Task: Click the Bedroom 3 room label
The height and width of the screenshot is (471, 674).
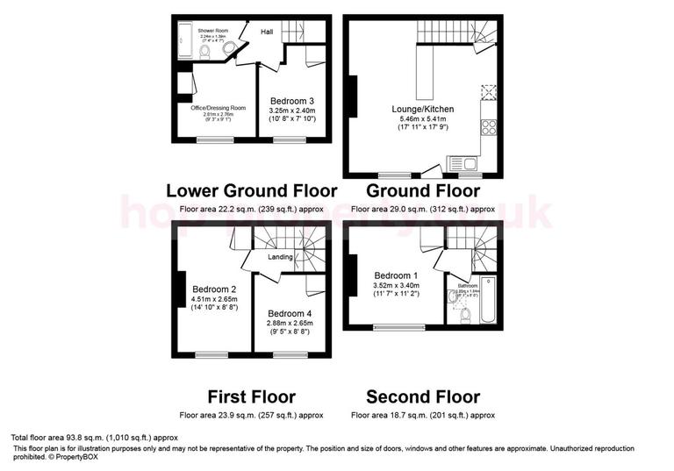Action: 292,101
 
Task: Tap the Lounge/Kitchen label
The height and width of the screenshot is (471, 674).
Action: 422,109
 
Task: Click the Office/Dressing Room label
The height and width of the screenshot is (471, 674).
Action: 219,107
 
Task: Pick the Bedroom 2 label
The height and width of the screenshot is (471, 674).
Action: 215,289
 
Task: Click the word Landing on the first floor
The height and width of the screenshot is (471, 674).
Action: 280,257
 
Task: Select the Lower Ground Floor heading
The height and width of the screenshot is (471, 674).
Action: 251,190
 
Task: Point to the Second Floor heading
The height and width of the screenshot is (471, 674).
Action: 423,396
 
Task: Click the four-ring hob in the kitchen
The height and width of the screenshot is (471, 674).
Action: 489,127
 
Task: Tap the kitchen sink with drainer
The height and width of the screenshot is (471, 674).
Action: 462,162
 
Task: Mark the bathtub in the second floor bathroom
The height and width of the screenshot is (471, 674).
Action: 488,298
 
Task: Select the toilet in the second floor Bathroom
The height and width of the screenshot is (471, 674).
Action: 466,314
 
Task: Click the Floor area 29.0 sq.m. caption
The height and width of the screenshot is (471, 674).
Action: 422,210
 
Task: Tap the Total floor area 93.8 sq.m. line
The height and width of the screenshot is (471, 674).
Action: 95,437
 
